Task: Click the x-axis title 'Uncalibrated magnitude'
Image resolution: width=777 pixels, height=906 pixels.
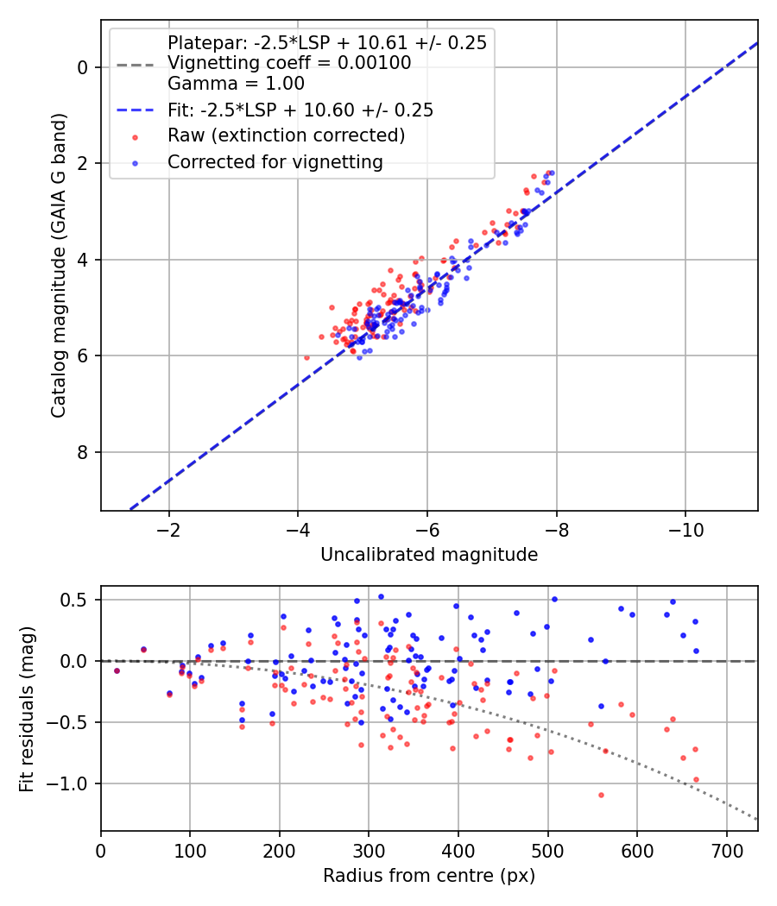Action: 429,555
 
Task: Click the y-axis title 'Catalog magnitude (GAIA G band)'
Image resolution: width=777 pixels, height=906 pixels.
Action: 59,265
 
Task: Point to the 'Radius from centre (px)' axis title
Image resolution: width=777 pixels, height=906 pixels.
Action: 429,876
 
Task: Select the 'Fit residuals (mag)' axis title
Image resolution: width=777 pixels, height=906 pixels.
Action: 27,709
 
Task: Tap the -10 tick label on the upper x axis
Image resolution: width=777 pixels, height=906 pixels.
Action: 685,530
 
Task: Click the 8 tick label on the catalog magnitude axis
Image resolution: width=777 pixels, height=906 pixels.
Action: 82,452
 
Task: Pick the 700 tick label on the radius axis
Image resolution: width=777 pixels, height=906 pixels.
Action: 726,851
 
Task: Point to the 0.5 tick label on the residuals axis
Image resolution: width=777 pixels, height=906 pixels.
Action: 73,600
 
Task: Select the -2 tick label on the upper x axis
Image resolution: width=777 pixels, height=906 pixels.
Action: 169,530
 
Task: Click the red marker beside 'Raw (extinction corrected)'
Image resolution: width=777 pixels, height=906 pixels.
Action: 136,137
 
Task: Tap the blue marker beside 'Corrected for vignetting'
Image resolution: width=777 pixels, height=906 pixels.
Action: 136,164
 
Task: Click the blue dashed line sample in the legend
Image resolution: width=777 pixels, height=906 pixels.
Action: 136,110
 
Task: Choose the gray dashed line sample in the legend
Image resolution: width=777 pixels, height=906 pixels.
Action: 136,65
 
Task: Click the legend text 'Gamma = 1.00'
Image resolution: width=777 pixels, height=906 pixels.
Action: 236,84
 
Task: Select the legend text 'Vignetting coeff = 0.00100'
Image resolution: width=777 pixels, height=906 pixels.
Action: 289,63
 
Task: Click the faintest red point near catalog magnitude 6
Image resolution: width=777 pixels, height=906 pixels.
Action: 306,358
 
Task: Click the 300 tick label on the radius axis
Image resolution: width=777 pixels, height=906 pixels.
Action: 369,851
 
